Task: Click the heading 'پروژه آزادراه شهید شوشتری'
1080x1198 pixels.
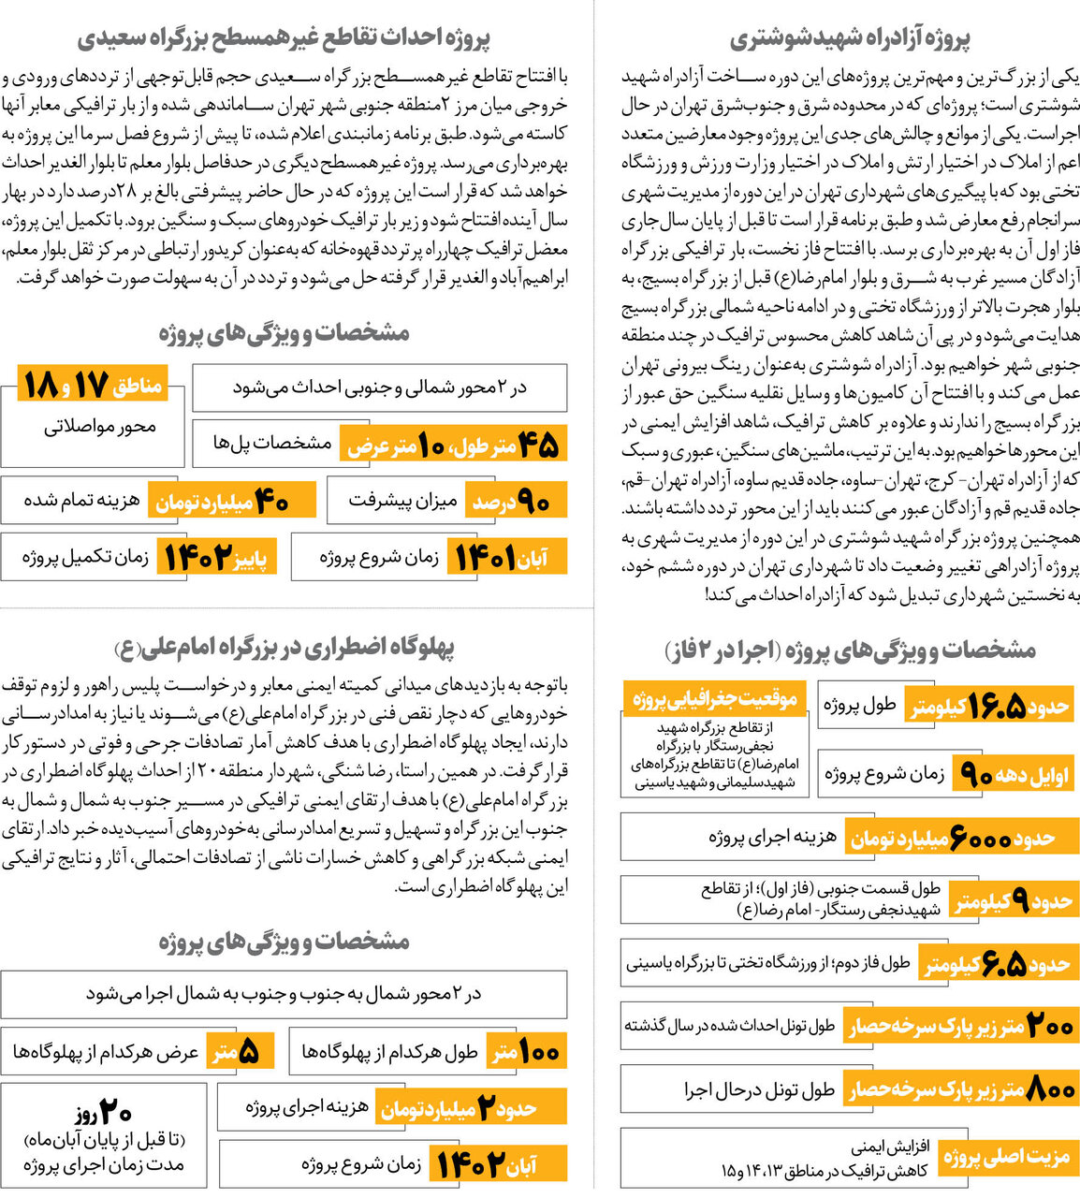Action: tap(850, 38)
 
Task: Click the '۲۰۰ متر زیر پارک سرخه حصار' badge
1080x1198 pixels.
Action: tap(959, 1027)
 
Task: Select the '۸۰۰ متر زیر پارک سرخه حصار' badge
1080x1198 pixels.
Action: tap(959, 1089)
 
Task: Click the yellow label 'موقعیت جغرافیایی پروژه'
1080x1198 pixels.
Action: tap(714, 698)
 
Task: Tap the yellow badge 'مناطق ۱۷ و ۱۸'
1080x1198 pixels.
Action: tap(92, 385)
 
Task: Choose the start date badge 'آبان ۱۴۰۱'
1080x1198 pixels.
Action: tap(498, 559)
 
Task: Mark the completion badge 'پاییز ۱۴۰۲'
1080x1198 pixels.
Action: tap(217, 559)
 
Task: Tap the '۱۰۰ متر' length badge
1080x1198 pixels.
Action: tap(527, 1052)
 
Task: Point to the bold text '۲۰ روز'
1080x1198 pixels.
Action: tap(103, 1113)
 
